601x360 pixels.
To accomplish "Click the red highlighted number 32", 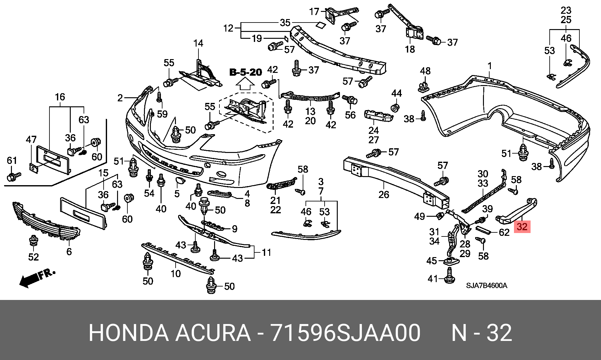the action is click(522, 226).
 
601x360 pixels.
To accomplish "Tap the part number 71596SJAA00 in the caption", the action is click(345, 333).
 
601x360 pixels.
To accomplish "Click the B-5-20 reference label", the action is click(245, 72).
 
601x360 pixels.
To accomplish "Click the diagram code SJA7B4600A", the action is click(486, 286).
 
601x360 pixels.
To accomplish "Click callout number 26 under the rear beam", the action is click(384, 195).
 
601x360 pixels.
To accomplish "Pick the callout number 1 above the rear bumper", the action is click(490, 66).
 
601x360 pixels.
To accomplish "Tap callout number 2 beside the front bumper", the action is click(120, 98).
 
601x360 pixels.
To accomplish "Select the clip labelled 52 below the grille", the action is click(33, 241).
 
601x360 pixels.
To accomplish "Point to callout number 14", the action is click(198, 43).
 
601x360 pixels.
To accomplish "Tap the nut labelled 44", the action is click(395, 108).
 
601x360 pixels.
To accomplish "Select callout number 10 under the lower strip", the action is click(176, 274).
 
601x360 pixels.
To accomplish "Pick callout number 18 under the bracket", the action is click(410, 49).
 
